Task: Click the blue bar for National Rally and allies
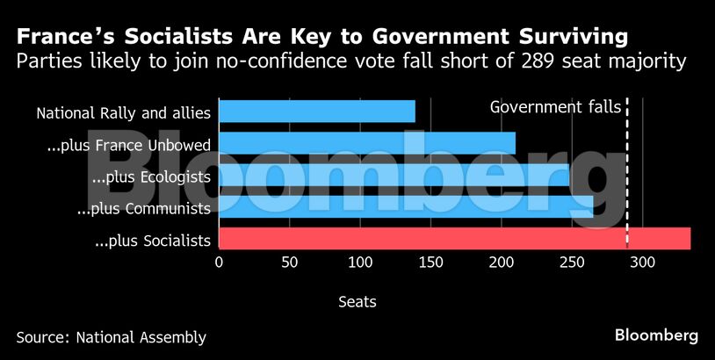316,112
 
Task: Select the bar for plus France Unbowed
366,143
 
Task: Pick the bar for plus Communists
405,206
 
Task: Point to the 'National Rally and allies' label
123,112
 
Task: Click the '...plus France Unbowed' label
128,145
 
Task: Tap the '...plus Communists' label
143,209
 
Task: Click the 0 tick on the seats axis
219,262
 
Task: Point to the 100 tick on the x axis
360,262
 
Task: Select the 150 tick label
430,262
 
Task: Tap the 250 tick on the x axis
572,262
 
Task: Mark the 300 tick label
642,262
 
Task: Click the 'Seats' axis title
357,302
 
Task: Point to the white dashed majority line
626,176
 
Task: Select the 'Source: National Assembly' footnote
111,336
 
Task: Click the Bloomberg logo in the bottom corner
656,335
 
